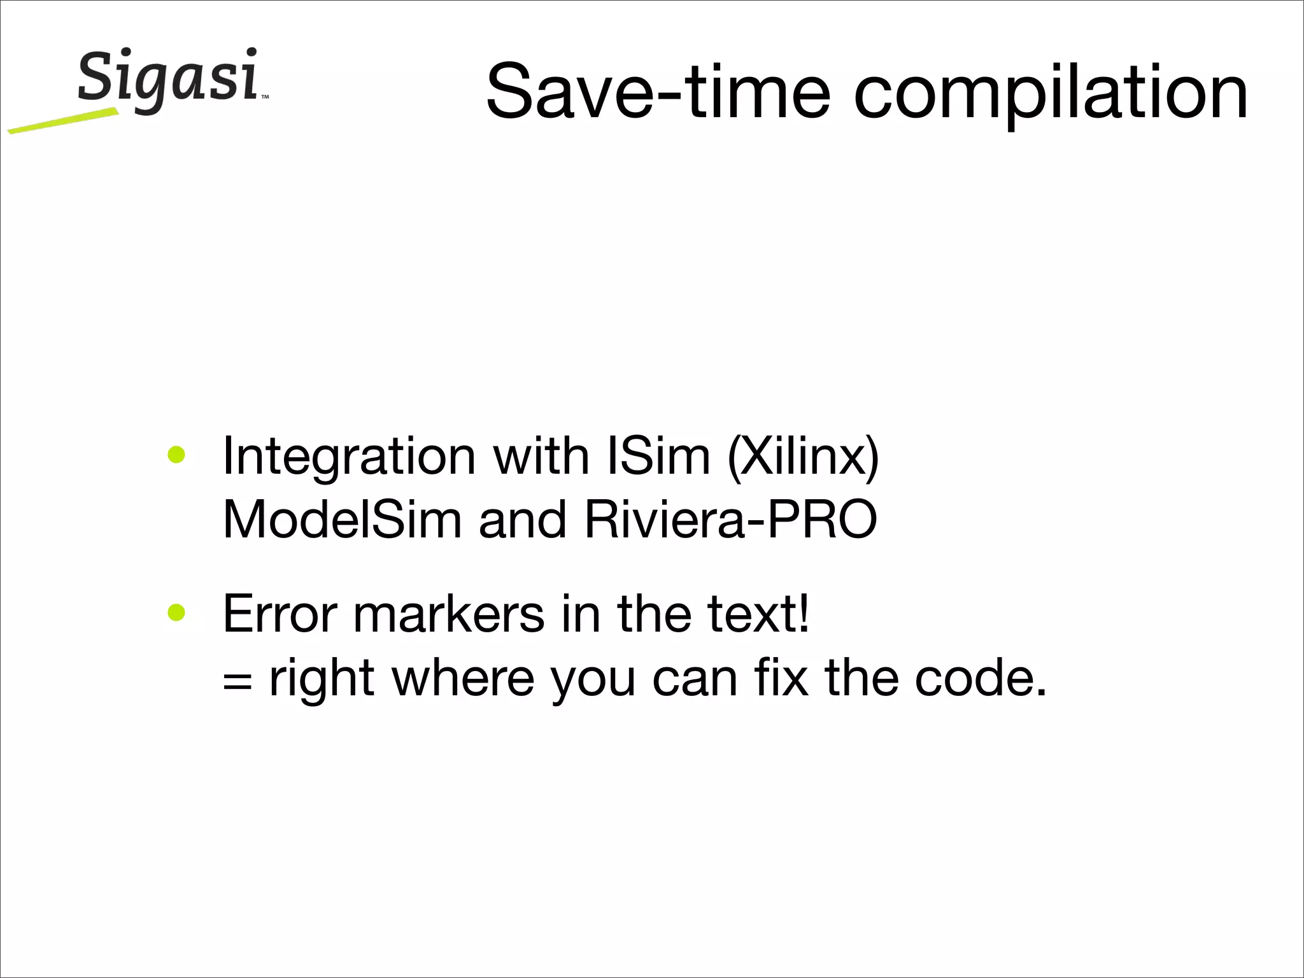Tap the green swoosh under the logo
[64, 121]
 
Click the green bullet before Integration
[176, 455]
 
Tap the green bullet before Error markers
[176, 613]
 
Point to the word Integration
[349, 457]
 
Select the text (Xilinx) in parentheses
[803, 457]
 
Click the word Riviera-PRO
[730, 519]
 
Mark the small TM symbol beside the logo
[265, 97]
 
